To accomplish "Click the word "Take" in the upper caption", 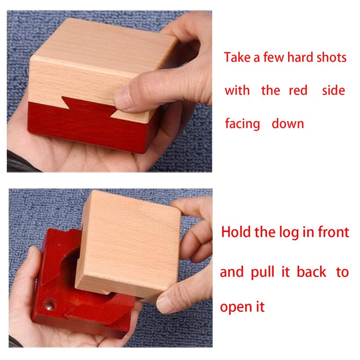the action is pos(237,57).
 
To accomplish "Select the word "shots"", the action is pos(331,57).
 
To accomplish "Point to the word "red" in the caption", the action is pos(298,90).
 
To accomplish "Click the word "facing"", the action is pos(243,124).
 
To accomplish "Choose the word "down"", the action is pos(288,123).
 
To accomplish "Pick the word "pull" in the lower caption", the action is pos(262,273).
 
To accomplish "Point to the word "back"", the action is pos(311,272).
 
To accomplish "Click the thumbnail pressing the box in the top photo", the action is pos(123,97).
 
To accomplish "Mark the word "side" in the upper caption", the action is pos(333,90).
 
